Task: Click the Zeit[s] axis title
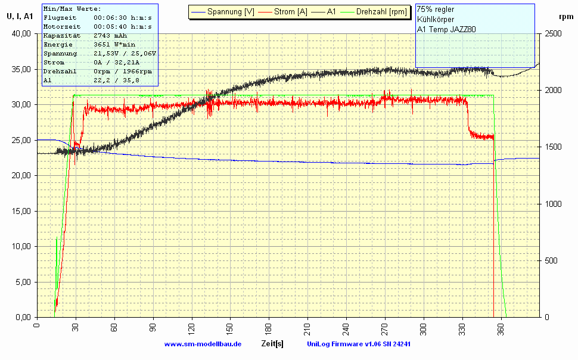tap(272, 344)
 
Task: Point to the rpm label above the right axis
tap(559, 16)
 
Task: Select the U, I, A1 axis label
tap(20, 16)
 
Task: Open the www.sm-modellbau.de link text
tap(203, 344)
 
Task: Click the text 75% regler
tap(436, 10)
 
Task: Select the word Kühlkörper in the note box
tap(436, 19)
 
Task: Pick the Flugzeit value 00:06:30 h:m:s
tap(123, 18)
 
